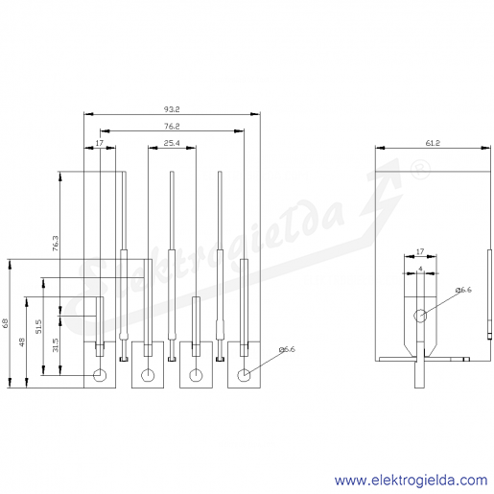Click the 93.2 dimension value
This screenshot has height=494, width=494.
click(x=172, y=109)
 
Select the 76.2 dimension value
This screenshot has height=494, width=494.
click(x=172, y=127)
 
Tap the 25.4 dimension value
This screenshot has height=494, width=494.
click(x=172, y=143)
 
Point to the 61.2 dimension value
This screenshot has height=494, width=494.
click(x=433, y=143)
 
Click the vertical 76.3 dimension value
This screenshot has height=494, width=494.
click(x=56, y=244)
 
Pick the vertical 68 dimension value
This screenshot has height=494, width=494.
click(x=6, y=323)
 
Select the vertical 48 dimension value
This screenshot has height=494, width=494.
click(x=22, y=342)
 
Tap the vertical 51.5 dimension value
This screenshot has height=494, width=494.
click(x=38, y=326)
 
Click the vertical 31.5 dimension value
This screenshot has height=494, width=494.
click(x=56, y=345)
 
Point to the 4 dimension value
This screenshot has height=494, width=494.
click(x=420, y=269)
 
